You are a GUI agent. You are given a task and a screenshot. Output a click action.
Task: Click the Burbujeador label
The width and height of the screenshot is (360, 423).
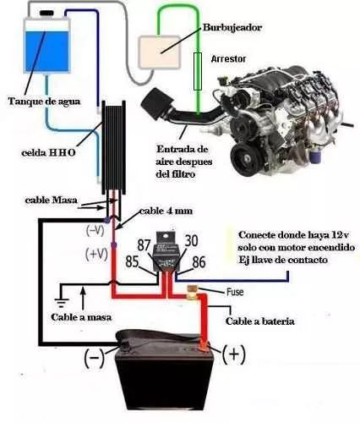(232, 28)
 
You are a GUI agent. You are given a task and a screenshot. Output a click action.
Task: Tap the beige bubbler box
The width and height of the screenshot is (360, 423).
(160, 52)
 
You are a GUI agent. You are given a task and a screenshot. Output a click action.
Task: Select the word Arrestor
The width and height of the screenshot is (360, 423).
(228, 58)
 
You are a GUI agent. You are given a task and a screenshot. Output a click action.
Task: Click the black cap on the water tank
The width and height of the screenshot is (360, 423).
(46, 13)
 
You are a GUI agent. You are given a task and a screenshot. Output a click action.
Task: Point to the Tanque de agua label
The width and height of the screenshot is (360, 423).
(44, 102)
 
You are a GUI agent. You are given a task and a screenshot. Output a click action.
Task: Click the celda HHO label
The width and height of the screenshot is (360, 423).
(48, 152)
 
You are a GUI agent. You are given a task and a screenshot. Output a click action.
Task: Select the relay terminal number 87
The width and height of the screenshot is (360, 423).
(145, 244)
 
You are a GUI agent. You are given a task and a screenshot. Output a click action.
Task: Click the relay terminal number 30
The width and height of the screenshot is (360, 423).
(191, 241)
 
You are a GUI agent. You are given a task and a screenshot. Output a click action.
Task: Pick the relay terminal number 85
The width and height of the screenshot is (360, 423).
(132, 261)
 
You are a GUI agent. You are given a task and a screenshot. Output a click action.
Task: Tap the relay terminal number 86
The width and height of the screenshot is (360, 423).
(199, 261)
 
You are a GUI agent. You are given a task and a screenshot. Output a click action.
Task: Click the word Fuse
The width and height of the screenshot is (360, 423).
(235, 292)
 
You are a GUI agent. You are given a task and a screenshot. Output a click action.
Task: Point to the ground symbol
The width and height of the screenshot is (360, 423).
(62, 303)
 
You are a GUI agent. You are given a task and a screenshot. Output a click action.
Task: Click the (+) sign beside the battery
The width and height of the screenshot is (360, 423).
(233, 354)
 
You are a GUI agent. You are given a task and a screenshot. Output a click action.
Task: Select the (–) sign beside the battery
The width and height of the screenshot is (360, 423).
(95, 357)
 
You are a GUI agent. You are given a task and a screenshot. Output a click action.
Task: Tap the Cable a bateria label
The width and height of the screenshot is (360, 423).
(260, 321)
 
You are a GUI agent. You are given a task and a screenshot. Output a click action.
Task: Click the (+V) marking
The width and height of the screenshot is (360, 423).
(96, 255)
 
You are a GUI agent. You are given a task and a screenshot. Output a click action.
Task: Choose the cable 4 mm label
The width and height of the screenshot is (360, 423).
(166, 211)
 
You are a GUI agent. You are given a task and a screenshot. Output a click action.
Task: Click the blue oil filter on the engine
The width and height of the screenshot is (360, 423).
(314, 155)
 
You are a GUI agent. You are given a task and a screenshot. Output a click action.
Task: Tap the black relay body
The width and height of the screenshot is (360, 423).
(166, 256)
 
